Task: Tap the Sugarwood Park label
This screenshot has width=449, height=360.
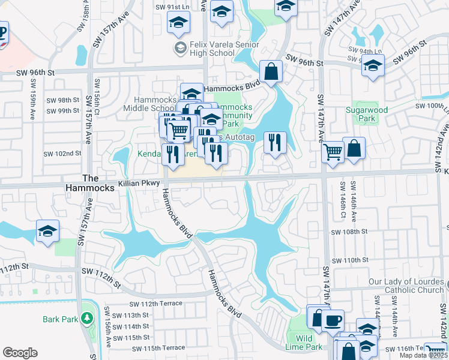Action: pyautogui.click(x=367, y=114)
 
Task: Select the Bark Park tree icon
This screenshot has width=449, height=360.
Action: pyautogui.click(x=88, y=318)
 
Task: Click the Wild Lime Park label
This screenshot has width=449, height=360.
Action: pyautogui.click(x=305, y=343)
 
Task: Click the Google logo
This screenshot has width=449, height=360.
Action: pyautogui.click(x=20, y=352)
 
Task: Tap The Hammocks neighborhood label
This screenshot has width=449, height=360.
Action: pyautogui.click(x=89, y=183)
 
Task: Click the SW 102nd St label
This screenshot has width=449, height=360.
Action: pyautogui.click(x=62, y=154)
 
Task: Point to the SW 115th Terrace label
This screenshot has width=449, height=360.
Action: pyautogui.click(x=158, y=348)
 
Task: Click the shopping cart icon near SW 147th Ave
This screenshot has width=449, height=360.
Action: pyautogui.click(x=333, y=151)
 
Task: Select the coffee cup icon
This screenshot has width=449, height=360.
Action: pyautogui.click(x=333, y=319)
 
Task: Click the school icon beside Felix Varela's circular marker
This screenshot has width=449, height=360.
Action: pyautogui.click(x=177, y=23)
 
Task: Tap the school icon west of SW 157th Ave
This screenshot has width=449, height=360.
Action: pyautogui.click(x=47, y=231)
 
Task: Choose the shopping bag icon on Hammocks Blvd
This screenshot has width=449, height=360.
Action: pyautogui.click(x=271, y=71)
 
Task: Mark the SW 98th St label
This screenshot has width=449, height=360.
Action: pyautogui.click(x=62, y=100)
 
